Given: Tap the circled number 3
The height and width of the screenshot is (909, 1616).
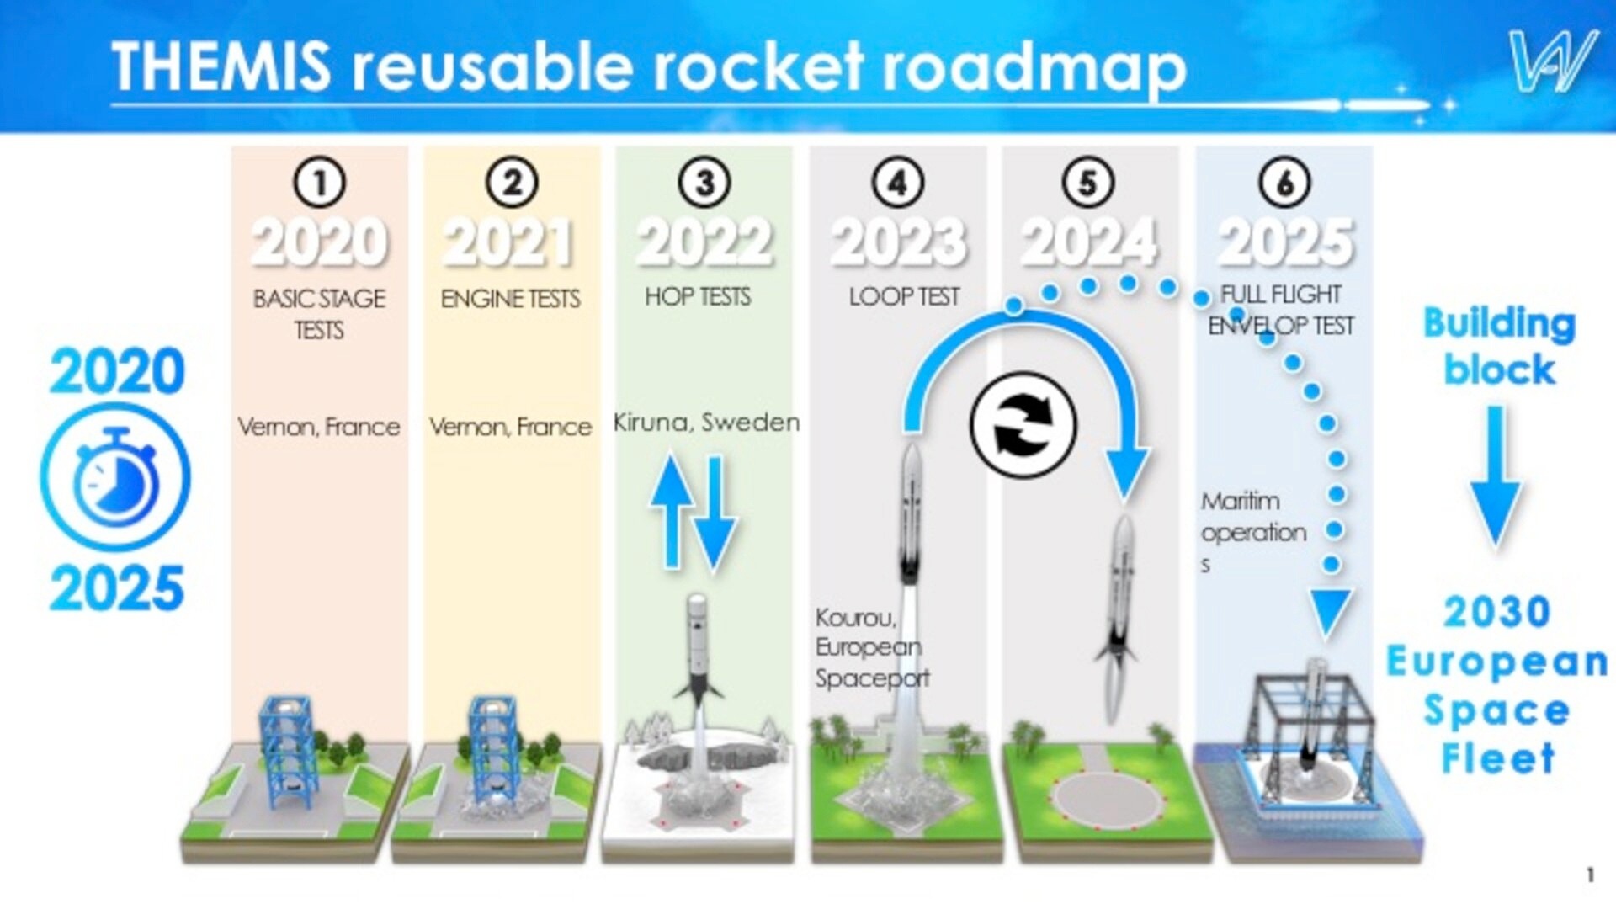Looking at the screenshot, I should coord(704,182).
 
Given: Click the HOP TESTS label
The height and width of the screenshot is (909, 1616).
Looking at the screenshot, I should coord(698,296).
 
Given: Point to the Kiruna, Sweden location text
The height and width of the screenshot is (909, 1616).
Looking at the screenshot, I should coord(706,423).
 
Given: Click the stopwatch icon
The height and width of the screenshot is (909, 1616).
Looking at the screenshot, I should coord(115,477).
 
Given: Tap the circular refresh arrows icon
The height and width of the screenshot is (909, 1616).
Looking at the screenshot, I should coord(1023,425).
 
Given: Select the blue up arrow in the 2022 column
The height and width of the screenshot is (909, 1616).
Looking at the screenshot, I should coord(671,509).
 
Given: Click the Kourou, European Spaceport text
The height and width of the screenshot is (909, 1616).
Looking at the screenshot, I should coord(872,647).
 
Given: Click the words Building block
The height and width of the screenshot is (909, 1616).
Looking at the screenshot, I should coord(1499,346).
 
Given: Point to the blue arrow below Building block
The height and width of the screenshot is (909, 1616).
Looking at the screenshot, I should coord(1495,476).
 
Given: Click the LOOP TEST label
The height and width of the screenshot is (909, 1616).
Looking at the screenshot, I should coord(904,296).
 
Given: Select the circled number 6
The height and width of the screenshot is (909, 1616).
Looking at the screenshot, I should coord(1284,182).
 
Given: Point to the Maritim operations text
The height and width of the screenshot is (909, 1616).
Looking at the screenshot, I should coord(1252,532).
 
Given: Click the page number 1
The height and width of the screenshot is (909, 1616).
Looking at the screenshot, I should coord(1590,875).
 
